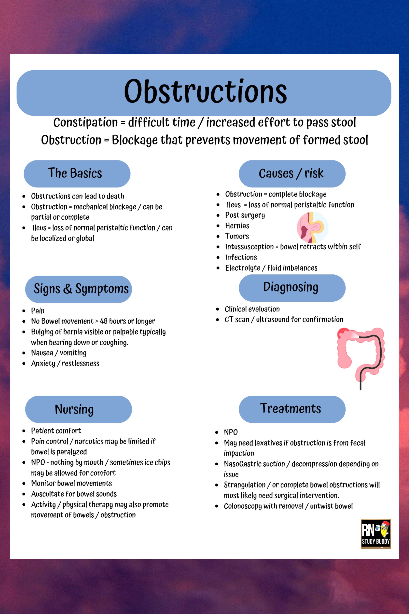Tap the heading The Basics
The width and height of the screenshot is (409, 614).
tap(75, 173)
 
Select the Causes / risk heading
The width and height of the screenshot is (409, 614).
tap(291, 173)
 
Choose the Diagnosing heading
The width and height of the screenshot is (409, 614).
tap(291, 287)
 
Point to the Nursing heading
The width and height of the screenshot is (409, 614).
tap(74, 409)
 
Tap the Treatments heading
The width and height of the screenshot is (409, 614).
tap(291, 409)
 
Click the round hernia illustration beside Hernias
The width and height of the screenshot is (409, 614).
tap(312, 227)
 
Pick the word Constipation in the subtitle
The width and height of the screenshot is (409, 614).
tap(85, 122)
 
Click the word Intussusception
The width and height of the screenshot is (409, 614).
tap(249, 247)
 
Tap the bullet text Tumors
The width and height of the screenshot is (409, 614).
tap(237, 236)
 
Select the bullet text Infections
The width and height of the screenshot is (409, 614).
tap(241, 257)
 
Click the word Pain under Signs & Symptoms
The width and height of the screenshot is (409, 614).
tap(38, 311)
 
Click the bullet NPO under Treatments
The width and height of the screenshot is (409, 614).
tap(231, 432)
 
